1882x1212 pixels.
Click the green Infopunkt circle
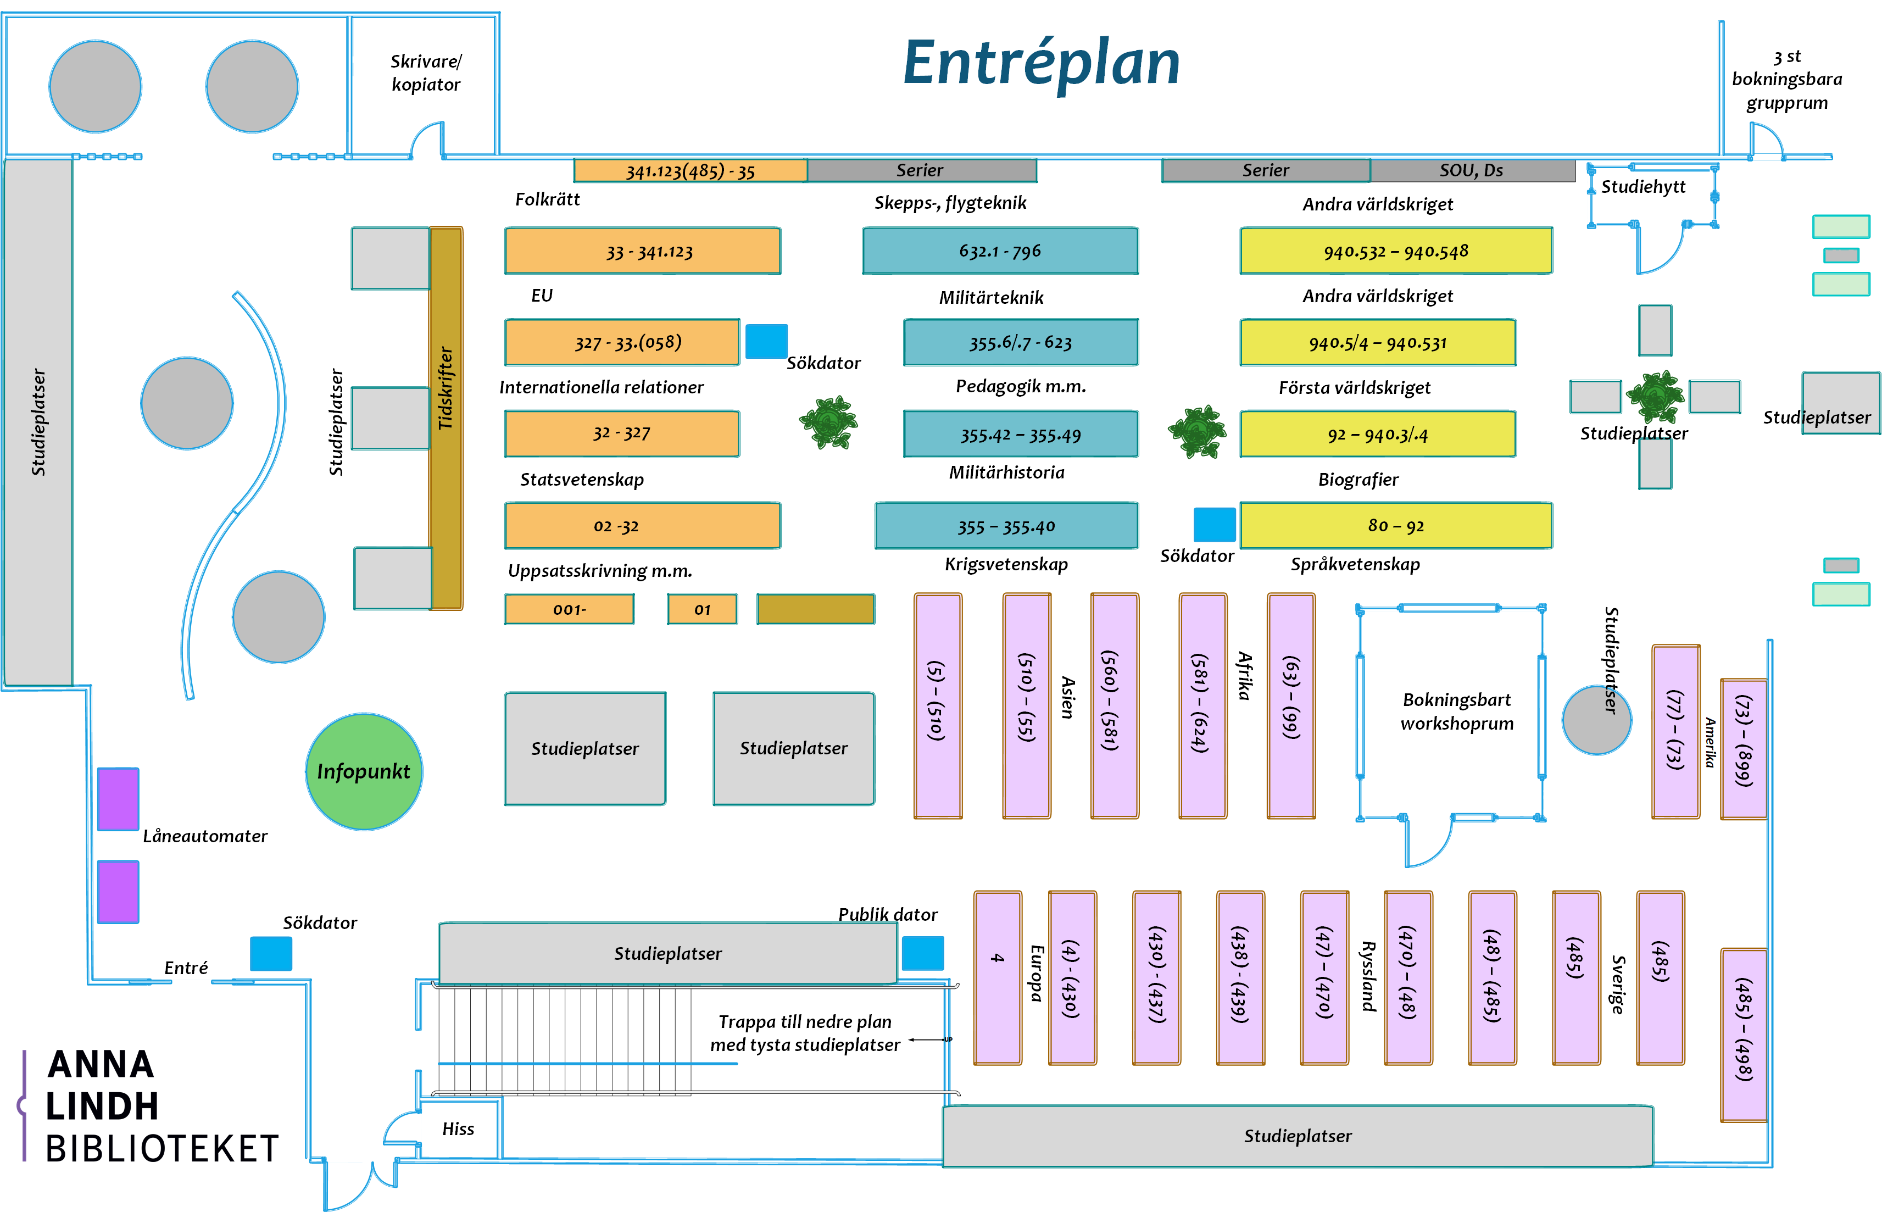tap(364, 771)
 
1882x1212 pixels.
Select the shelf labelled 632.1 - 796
tap(1000, 251)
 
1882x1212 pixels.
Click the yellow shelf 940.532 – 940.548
tap(1396, 251)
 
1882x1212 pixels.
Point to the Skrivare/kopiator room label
tap(426, 73)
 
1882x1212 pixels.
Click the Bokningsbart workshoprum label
tap(1456, 711)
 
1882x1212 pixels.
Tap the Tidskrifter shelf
tap(446, 417)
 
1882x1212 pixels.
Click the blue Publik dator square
tap(922, 953)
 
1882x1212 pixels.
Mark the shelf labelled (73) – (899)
tap(1744, 748)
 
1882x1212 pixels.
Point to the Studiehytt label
tap(1643, 186)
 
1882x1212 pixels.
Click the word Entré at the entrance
tap(186, 968)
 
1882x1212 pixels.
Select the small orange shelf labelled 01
tap(702, 609)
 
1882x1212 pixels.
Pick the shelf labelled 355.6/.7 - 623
tap(1021, 342)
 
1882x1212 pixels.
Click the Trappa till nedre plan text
tap(805, 1021)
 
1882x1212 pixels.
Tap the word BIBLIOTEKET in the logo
tap(162, 1149)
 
